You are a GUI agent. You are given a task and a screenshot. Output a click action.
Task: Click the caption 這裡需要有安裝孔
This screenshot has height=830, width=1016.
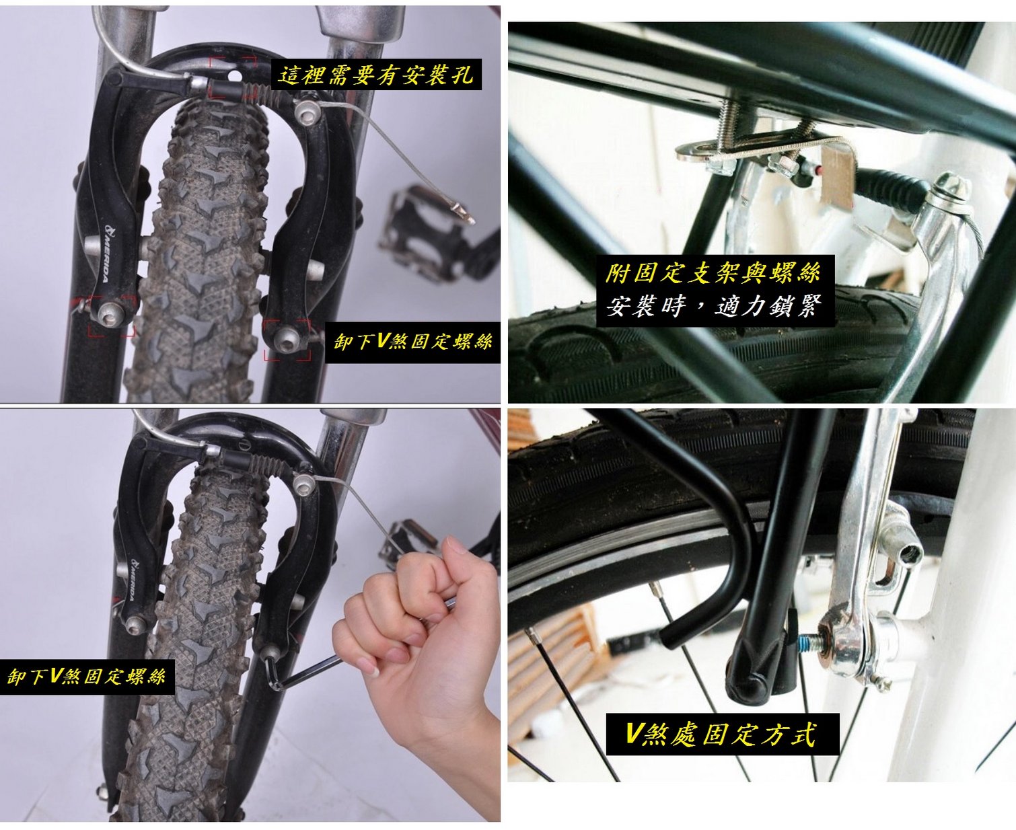376,75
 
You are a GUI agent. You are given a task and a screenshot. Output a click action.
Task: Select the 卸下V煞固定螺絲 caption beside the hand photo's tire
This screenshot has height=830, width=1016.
87,677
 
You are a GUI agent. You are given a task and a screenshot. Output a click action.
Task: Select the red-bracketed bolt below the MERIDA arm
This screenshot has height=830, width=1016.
111,313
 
